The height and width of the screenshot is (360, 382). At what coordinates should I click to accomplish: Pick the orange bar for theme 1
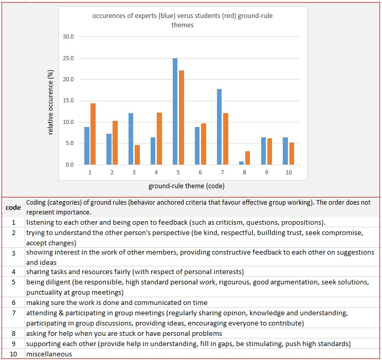[x=93, y=134]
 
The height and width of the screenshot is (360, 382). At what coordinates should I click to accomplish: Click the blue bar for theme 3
[x=131, y=139]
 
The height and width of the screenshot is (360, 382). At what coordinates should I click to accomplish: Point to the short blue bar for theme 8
[x=241, y=163]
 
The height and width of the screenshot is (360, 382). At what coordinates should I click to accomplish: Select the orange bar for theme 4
[x=159, y=138]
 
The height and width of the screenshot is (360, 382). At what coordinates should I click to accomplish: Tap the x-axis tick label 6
[x=201, y=172]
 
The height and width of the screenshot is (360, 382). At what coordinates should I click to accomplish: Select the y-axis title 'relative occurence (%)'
[x=50, y=101]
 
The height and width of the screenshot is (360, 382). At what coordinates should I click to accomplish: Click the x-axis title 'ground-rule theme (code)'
[x=186, y=186]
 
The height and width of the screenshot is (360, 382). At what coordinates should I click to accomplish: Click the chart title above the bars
[x=183, y=20]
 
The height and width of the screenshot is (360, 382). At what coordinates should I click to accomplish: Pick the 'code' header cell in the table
[x=13, y=207]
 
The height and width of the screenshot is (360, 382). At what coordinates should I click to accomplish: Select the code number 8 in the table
[x=13, y=333]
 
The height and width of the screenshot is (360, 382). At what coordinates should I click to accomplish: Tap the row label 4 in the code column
[x=13, y=272]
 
